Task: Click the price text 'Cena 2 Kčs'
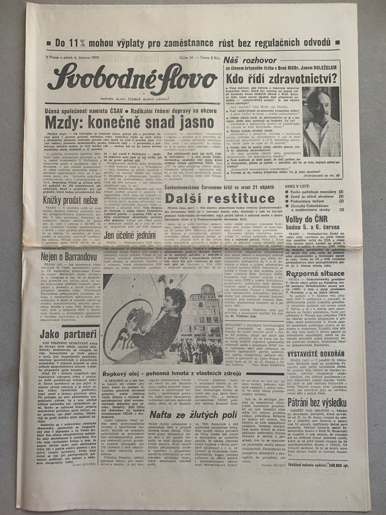click(210, 58)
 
